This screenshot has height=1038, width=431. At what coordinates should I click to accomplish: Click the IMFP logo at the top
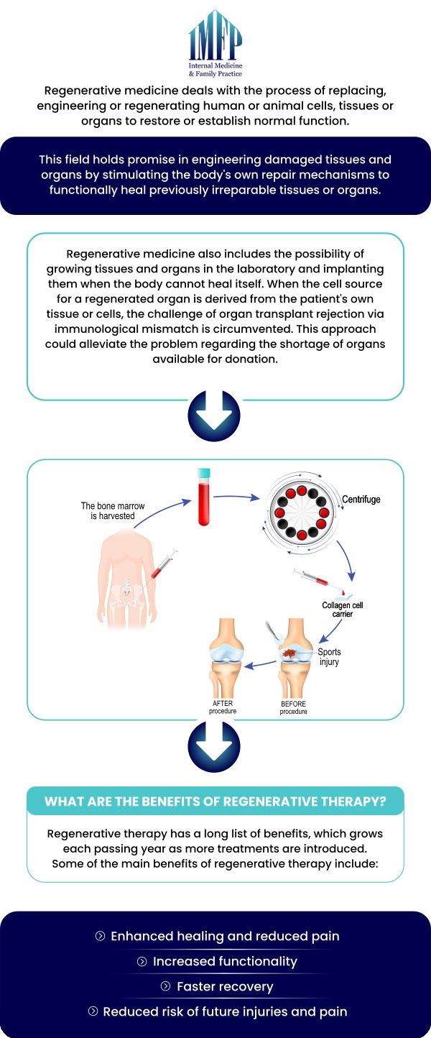tap(215, 43)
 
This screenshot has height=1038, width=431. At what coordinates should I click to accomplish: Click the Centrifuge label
tap(361, 499)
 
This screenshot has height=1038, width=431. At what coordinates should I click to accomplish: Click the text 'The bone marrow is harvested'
tap(112, 511)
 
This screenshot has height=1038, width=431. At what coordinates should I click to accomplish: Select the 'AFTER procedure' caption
tap(223, 707)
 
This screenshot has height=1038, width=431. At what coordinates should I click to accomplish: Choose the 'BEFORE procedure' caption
tap(293, 707)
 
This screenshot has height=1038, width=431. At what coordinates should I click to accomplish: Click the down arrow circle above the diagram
tap(214, 416)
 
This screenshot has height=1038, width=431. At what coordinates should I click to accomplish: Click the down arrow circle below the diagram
tap(214, 747)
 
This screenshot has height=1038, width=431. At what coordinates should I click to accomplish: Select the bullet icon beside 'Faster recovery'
tap(165, 987)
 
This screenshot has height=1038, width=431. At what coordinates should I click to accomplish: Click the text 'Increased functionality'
tap(225, 962)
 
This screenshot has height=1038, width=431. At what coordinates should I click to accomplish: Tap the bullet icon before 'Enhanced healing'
tap(100, 937)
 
